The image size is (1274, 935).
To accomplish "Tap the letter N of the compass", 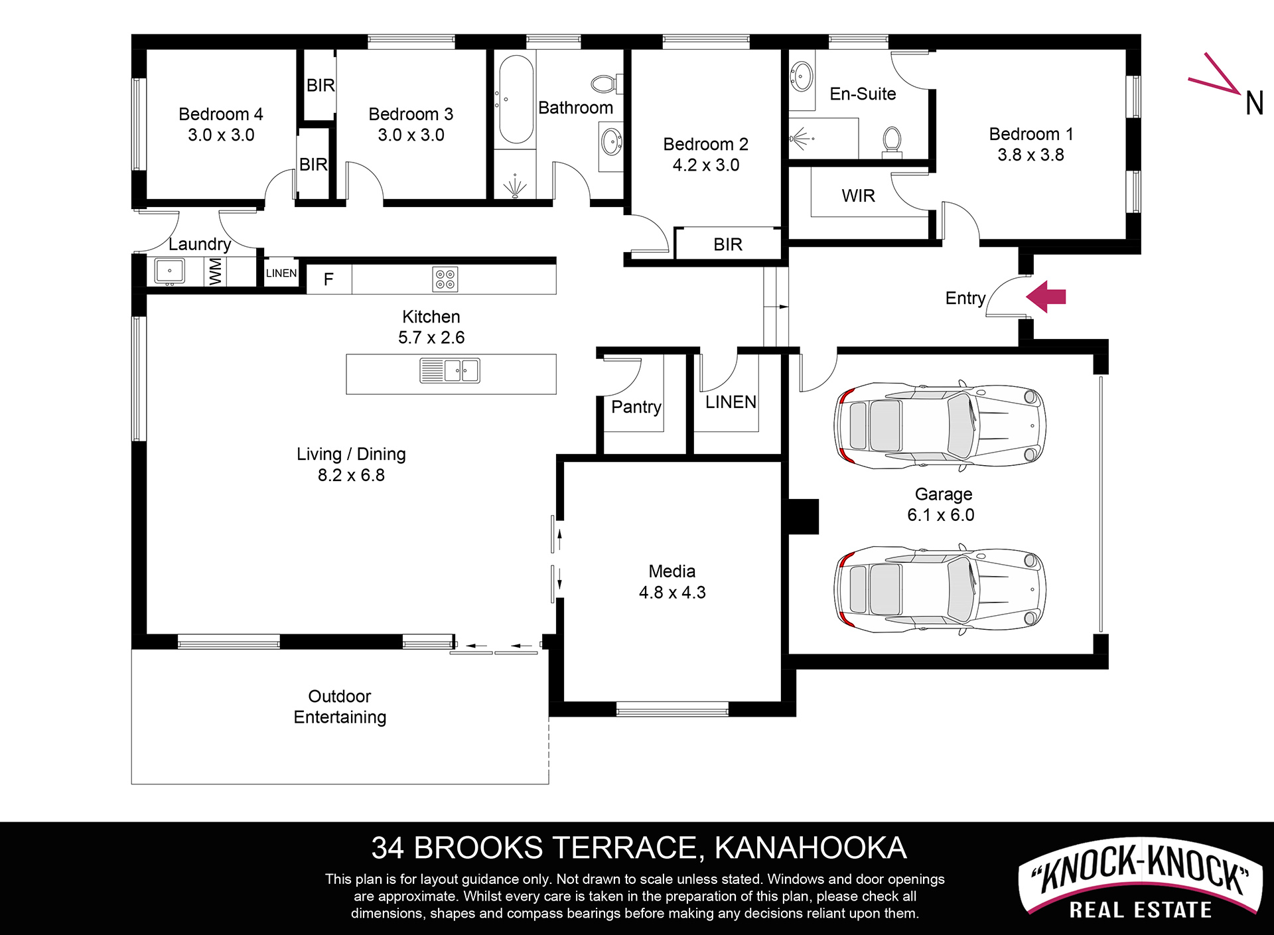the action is click(x=1254, y=103).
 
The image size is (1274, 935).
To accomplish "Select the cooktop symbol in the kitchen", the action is click(x=445, y=279).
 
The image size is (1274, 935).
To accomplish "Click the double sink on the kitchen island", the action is click(x=450, y=370).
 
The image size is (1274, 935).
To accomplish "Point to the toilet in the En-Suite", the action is click(x=892, y=142).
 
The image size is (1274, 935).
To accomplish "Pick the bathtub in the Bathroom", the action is click(x=516, y=100).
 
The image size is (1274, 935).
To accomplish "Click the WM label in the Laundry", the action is click(x=215, y=272).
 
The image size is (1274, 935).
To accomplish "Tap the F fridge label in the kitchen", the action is click(x=328, y=279).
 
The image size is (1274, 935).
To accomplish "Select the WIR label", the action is click(x=858, y=196).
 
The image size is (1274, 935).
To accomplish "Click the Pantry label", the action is click(x=636, y=407).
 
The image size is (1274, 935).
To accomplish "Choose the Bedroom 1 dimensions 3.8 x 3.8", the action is click(x=1030, y=155).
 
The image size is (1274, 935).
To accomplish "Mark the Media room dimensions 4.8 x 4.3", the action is click(x=672, y=592).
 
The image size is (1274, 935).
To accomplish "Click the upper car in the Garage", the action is click(x=940, y=425).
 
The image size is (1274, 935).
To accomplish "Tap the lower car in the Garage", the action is click(x=940, y=589).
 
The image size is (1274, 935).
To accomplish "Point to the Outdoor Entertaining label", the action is click(x=340, y=707).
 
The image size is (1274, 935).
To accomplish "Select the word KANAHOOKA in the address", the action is click(x=811, y=848).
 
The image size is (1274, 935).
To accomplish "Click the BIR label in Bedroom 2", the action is click(x=728, y=244).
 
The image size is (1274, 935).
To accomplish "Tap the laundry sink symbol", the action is click(x=170, y=271).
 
